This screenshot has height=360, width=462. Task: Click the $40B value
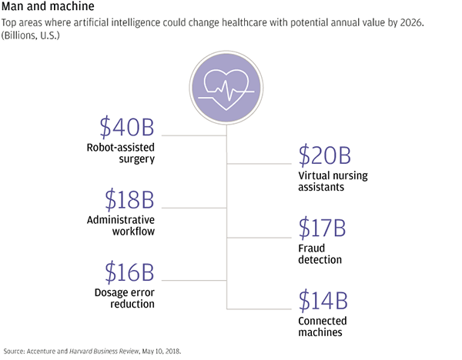pos(127,128)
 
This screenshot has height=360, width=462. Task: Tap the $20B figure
pos(324,155)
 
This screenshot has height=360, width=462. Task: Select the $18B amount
pos(129,199)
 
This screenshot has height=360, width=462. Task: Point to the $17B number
pos(322,228)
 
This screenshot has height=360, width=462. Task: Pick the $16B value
pos(129,272)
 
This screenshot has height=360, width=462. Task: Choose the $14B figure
pos(323,300)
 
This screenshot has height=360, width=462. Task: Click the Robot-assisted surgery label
pos(121,153)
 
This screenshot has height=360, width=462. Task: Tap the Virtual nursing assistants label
pos(333,181)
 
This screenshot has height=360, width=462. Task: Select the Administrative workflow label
pos(121,225)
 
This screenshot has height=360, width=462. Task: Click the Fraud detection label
pos(320,254)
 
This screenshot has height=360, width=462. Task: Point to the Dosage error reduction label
pos(124,298)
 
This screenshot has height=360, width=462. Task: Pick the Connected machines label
pos(323,326)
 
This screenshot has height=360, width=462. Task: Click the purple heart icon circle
pos(226,88)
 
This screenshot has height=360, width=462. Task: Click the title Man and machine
pos(48,6)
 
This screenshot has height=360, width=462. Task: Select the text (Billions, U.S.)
pos(30,35)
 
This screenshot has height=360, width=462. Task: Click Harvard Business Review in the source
pos(104,352)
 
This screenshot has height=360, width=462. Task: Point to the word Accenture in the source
pos(41,352)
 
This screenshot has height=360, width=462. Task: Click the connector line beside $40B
pos(194,135)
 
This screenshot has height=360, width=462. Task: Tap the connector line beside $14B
pos(259,309)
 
